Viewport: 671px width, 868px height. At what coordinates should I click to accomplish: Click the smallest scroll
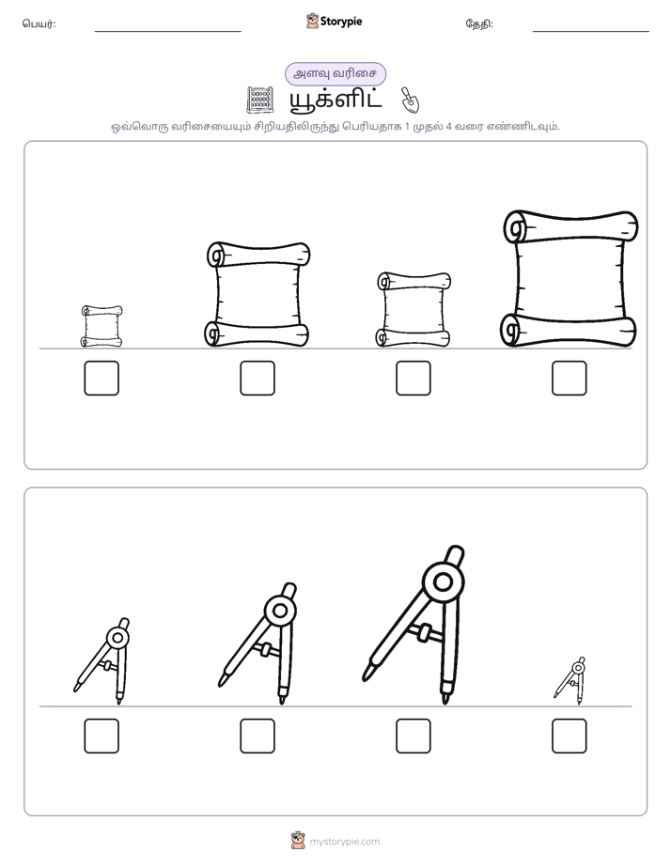point(101,326)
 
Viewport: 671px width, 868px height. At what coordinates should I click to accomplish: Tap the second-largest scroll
point(257,294)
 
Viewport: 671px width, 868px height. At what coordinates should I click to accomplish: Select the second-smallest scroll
point(414,309)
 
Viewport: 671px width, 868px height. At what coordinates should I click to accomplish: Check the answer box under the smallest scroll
point(101,378)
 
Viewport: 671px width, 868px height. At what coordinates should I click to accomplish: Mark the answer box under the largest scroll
point(570,378)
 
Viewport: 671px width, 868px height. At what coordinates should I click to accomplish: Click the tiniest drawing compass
point(570,680)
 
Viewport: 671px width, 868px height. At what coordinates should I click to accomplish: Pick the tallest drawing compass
point(414,625)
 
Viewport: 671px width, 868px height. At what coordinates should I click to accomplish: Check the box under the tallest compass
point(414,736)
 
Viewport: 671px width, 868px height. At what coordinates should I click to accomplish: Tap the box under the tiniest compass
point(570,736)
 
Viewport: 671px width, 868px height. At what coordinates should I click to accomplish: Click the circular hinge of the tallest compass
point(443,581)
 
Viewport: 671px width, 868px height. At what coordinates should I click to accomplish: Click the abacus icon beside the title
point(259,101)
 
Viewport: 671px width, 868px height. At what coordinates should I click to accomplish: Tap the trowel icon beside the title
point(411,100)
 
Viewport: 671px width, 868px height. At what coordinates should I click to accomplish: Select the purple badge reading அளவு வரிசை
point(335,74)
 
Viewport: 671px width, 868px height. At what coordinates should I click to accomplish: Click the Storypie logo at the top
point(334,21)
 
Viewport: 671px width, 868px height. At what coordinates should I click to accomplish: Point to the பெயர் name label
point(39,23)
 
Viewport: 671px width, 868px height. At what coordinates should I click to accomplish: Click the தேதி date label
point(479,23)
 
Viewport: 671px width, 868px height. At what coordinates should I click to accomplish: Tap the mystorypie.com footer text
point(344,842)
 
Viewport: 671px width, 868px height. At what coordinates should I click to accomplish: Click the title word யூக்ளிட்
point(335,100)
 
